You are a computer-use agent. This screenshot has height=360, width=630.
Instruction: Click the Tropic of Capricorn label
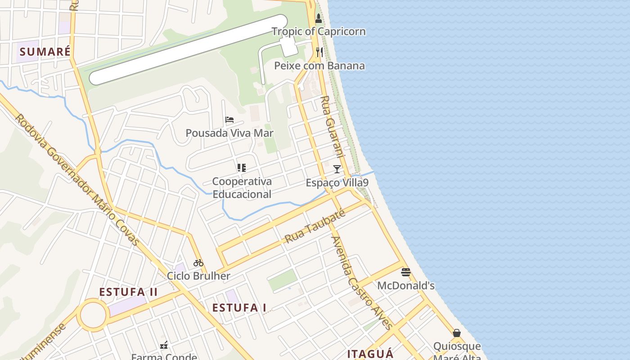(x=319, y=31)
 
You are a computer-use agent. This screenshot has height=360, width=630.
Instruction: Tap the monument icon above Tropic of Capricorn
(x=319, y=18)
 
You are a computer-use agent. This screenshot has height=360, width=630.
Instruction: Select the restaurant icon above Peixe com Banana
(x=319, y=52)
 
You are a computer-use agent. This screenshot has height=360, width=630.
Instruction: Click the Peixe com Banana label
(x=319, y=66)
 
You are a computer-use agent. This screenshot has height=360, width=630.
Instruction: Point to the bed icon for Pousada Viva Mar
(x=229, y=120)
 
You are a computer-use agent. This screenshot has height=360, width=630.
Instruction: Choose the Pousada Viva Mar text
(x=229, y=133)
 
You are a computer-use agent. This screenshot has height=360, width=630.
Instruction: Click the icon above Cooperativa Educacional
(x=242, y=168)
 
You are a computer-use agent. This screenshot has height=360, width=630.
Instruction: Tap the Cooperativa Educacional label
(x=242, y=188)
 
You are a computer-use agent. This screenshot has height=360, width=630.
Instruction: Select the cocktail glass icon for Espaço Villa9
(x=337, y=169)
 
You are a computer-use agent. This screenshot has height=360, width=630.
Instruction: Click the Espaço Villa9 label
(x=337, y=183)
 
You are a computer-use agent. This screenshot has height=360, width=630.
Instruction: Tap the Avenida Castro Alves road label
(x=362, y=283)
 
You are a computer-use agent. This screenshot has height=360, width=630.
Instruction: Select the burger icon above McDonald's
(x=406, y=272)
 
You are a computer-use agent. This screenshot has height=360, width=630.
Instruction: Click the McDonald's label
(x=406, y=285)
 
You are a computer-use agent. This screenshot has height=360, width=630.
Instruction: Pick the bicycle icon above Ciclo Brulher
(x=198, y=262)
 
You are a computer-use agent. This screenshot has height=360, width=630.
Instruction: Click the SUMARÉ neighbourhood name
(x=45, y=52)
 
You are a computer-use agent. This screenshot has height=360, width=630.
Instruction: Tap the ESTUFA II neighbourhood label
(x=128, y=292)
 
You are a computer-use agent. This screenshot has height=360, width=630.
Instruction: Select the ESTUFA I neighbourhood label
(x=239, y=308)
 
